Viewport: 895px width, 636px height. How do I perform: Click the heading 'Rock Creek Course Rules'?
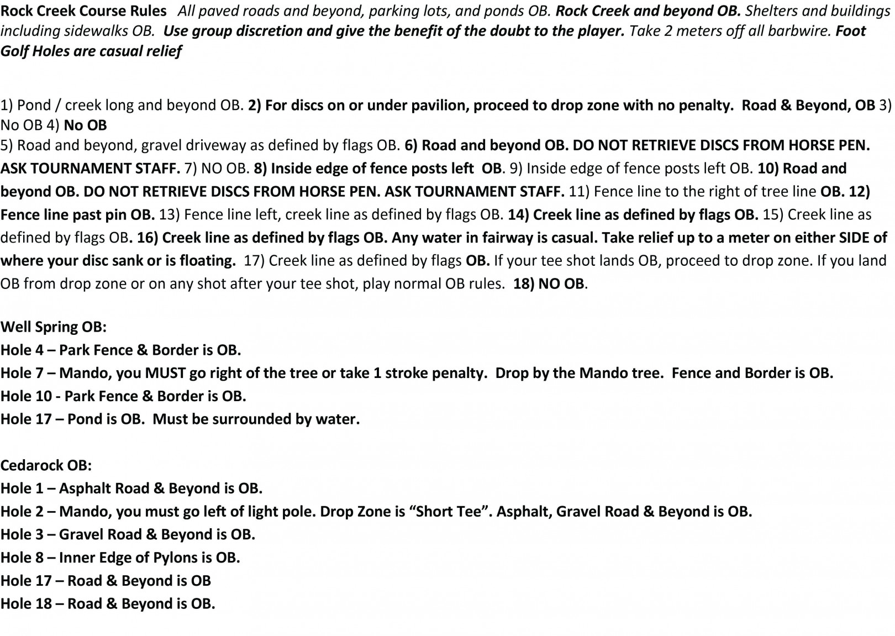(x=83, y=10)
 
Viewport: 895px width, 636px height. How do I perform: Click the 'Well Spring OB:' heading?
(x=54, y=327)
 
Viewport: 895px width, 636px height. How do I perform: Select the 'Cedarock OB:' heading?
(x=46, y=465)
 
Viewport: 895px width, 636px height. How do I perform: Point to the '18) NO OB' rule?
(x=549, y=284)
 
